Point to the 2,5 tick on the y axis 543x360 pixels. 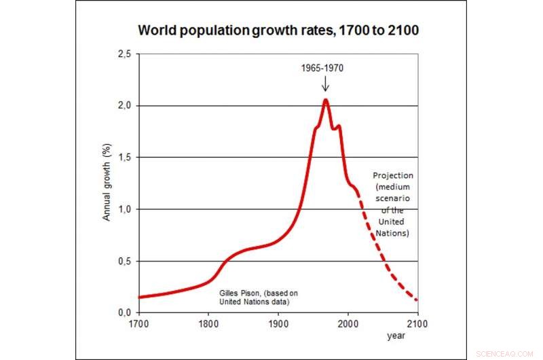click(124, 54)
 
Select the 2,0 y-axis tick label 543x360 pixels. click(124, 106)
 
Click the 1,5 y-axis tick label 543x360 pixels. click(124, 158)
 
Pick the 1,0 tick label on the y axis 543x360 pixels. click(124, 209)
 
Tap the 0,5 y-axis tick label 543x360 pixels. click(124, 261)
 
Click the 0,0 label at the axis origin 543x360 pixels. click(124, 312)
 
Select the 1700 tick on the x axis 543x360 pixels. click(138, 323)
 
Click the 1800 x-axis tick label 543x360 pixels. click(208, 323)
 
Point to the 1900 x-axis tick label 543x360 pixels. click(278, 323)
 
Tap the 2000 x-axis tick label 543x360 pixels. click(348, 323)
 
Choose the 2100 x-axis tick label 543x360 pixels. click(417, 323)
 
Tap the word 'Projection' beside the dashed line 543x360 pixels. click(393, 175)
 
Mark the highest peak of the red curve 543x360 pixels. click(326, 100)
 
